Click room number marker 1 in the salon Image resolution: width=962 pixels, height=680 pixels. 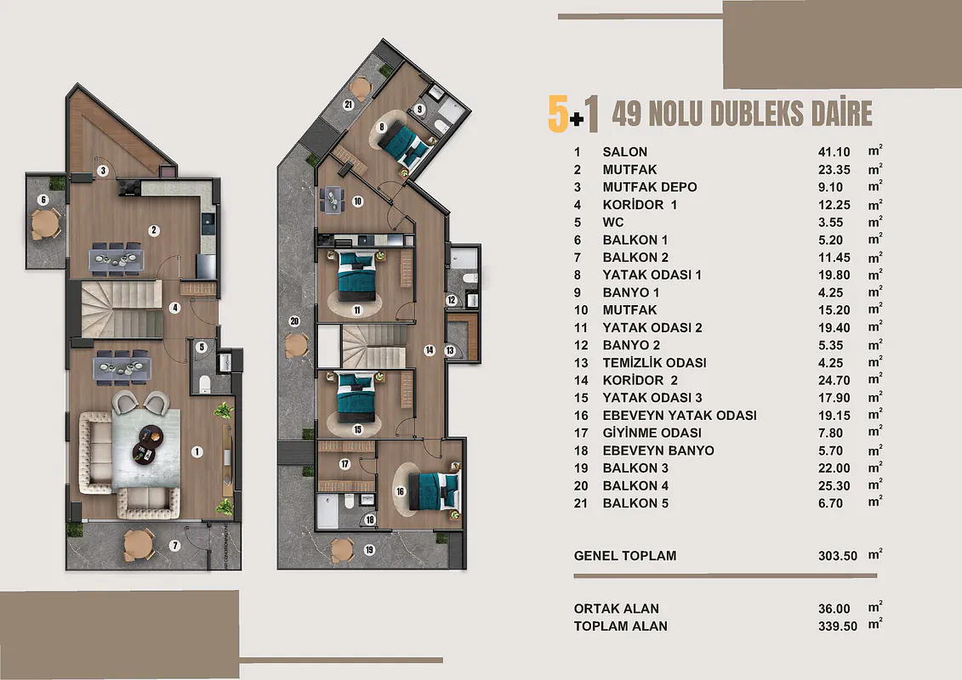tap(197, 452)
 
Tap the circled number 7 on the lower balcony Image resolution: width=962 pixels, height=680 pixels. tap(175, 545)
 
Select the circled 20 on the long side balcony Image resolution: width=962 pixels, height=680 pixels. tap(294, 321)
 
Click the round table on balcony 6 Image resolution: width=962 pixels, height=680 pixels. tap(44, 224)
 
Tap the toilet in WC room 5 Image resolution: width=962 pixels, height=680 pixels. tap(204, 384)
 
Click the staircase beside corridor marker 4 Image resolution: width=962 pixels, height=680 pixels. tap(122, 309)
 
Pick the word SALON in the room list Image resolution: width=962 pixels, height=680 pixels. tap(624, 152)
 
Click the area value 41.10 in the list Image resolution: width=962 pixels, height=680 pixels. tap(834, 152)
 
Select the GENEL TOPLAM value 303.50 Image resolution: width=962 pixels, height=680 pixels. tap(838, 556)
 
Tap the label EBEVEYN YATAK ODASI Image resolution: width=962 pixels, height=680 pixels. tap(679, 416)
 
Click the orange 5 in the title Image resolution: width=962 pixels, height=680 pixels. tap(558, 114)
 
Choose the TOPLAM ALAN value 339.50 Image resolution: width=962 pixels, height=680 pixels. tap(838, 626)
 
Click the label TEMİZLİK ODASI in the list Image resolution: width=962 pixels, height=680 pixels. tap(654, 363)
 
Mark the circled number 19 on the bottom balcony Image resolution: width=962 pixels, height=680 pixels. tap(369, 550)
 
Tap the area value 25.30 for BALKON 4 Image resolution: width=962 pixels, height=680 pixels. tap(834, 485)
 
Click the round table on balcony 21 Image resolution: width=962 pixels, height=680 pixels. tap(361, 88)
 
